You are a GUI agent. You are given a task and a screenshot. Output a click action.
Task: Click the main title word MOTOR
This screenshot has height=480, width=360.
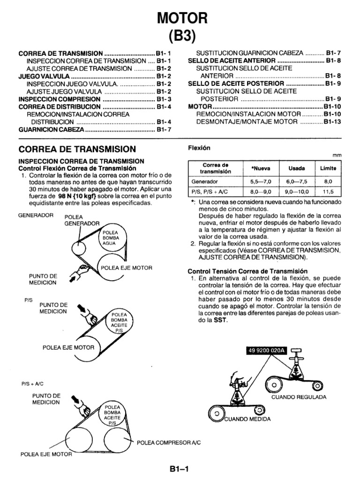[180, 18]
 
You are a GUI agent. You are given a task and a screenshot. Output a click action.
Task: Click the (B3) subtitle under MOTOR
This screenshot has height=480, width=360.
[180, 37]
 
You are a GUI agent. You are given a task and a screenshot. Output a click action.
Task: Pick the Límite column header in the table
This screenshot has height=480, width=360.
[328, 168]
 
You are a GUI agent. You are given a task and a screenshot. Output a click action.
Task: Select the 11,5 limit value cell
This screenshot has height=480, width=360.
[328, 192]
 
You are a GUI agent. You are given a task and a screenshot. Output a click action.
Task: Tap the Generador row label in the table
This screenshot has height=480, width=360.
[204, 181]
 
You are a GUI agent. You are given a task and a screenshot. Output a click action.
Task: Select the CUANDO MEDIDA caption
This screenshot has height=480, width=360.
[247, 419]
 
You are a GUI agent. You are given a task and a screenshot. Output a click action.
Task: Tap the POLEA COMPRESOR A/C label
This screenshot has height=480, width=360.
[168, 442]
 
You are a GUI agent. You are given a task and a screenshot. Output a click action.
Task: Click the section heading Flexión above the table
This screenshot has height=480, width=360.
[199, 148]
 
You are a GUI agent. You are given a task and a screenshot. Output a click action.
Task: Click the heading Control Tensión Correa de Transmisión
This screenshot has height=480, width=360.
[247, 271]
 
